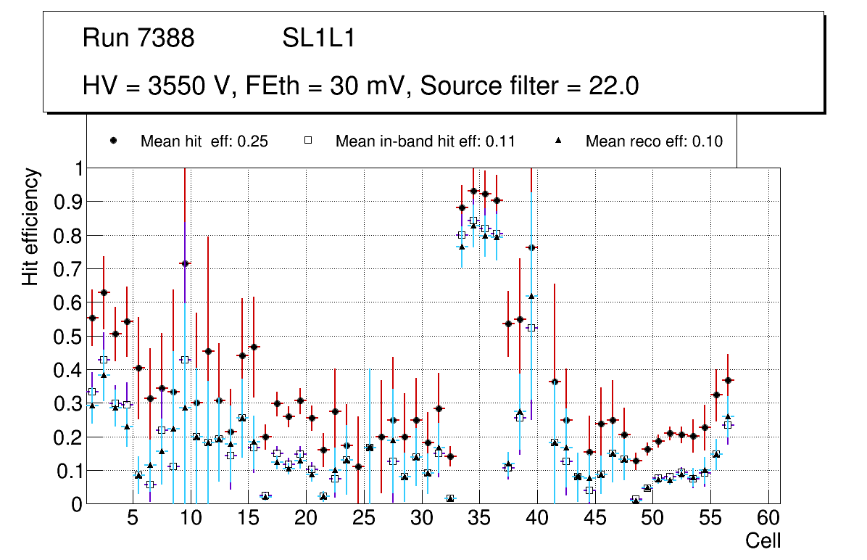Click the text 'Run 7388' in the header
click(x=138, y=38)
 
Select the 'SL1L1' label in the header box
click(x=318, y=38)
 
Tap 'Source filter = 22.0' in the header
click(x=529, y=86)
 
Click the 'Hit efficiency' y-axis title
click(x=30, y=226)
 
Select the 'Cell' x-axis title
click(x=763, y=540)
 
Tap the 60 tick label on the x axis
click(x=768, y=519)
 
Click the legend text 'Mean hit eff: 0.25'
click(x=204, y=141)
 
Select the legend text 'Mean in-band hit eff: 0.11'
click(x=425, y=141)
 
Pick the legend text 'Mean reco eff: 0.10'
click(x=654, y=141)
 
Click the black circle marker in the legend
click(x=114, y=141)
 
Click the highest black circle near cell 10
click(x=185, y=264)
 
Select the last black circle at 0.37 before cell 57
click(x=728, y=380)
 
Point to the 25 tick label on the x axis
click(x=363, y=519)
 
